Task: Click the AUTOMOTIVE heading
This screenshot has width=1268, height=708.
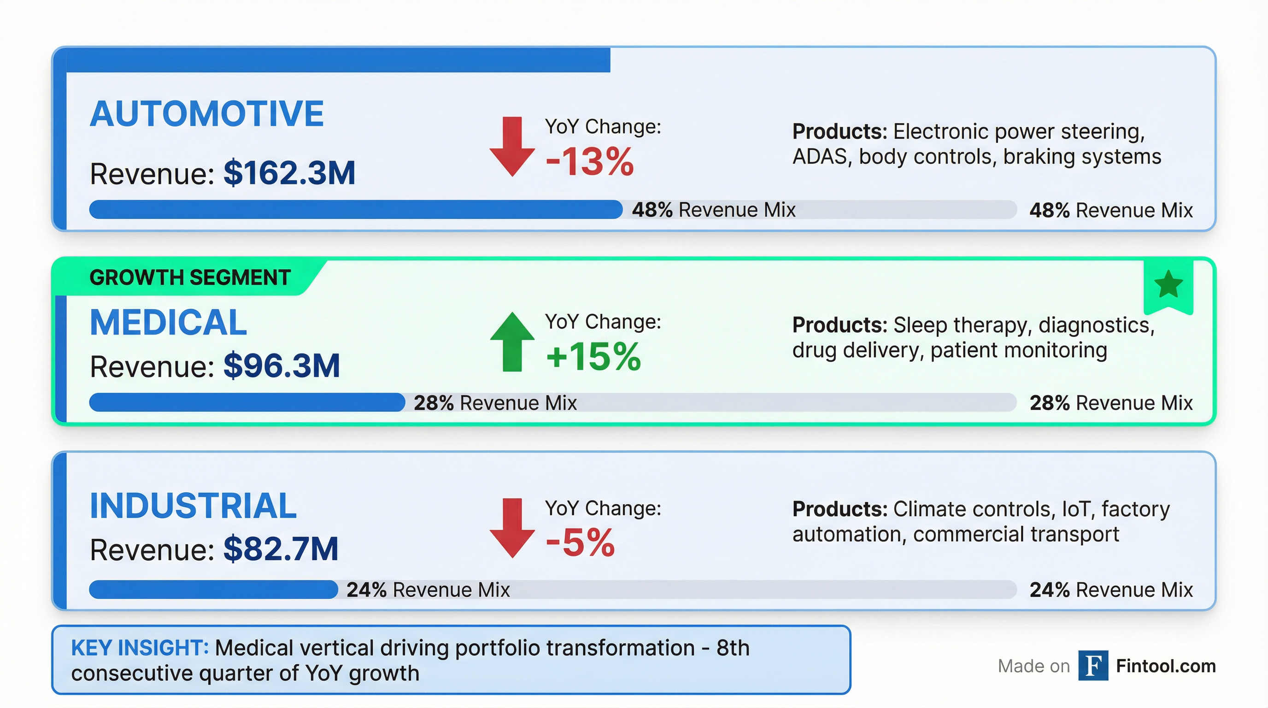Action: (x=207, y=114)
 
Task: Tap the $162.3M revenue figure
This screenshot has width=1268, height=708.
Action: (x=289, y=173)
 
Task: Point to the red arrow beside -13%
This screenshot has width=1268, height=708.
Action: (x=512, y=147)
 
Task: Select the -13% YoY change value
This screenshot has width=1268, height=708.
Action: (x=589, y=161)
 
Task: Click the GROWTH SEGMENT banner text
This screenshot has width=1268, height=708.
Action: (x=190, y=277)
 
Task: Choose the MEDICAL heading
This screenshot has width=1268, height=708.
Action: (x=168, y=323)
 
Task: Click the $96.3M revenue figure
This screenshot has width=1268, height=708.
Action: (x=282, y=366)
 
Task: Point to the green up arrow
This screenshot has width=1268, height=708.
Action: (x=512, y=342)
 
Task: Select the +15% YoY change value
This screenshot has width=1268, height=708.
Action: (x=593, y=356)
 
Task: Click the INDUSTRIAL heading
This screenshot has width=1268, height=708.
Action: (x=193, y=506)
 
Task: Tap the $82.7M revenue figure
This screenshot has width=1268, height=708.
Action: (x=281, y=549)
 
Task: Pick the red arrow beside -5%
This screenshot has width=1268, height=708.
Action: (x=512, y=528)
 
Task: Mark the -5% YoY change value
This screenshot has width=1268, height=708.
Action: (x=580, y=543)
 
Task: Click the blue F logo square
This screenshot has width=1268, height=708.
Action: (x=1093, y=666)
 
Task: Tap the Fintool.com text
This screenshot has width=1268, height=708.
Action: (x=1166, y=666)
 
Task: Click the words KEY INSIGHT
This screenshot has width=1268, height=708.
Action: (x=140, y=648)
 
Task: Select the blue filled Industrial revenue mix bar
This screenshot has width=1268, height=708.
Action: (x=213, y=590)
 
